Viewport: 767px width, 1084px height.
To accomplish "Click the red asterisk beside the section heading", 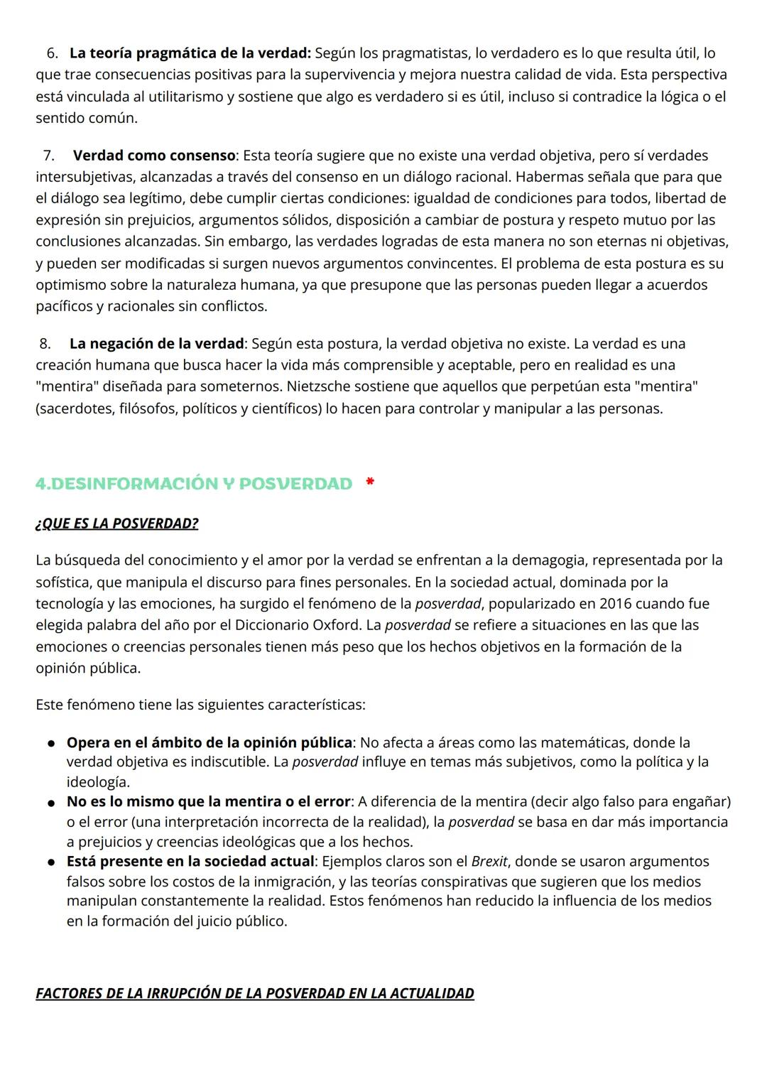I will click(370, 482).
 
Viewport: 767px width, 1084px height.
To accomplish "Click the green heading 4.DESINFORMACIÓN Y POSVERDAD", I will click(194, 484).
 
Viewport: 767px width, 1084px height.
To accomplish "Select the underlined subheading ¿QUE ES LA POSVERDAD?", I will click(117, 524).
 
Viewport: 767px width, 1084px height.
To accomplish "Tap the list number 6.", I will click(53, 53).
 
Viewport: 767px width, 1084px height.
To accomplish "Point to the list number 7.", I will click(49, 156).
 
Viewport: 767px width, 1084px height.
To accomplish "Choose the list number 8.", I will click(45, 344).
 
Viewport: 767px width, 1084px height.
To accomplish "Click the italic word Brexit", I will click(489, 862).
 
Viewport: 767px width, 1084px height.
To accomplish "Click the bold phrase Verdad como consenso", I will click(154, 156).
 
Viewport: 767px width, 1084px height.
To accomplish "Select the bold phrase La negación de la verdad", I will click(156, 344).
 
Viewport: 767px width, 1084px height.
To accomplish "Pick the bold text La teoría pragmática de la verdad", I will click(190, 53).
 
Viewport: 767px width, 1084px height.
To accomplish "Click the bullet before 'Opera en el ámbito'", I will click(52, 743).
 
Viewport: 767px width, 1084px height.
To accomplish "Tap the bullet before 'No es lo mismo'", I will click(52, 802).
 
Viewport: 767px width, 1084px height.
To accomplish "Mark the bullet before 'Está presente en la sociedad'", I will click(52, 862).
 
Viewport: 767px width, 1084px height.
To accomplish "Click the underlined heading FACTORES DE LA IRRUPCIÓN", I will click(255, 993).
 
